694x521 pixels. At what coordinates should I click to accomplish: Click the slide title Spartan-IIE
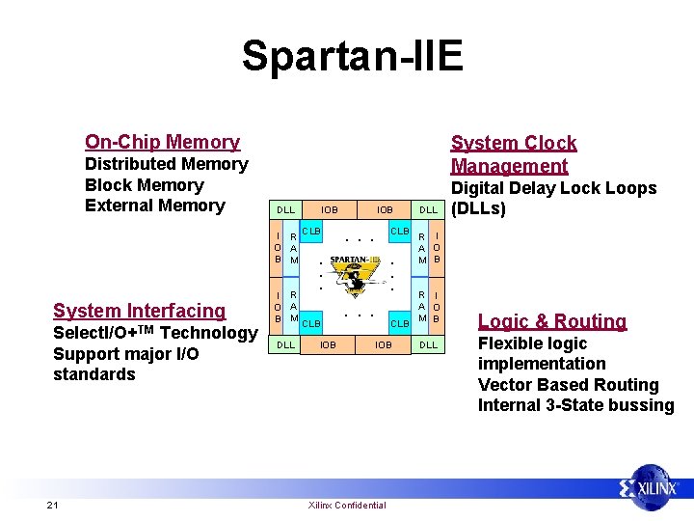point(353,56)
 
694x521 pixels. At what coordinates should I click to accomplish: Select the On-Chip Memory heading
point(162,142)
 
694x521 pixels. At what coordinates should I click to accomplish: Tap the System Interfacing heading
point(139,311)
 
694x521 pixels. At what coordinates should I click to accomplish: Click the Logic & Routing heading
point(552,321)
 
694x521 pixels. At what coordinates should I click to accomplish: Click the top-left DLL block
point(285,209)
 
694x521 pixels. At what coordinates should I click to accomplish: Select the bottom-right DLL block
point(428,343)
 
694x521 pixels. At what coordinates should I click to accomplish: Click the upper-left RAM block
point(294,247)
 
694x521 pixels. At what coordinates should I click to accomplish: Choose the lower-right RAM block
point(420,305)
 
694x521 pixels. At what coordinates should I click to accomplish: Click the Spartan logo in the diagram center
point(354,274)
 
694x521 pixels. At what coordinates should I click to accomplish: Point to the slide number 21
point(52,505)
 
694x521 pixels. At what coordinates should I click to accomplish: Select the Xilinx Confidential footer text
point(346,505)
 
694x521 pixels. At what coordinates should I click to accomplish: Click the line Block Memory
point(145,185)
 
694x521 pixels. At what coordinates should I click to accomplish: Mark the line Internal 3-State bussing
point(575,405)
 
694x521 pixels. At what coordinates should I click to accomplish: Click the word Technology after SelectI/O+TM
point(208,333)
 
